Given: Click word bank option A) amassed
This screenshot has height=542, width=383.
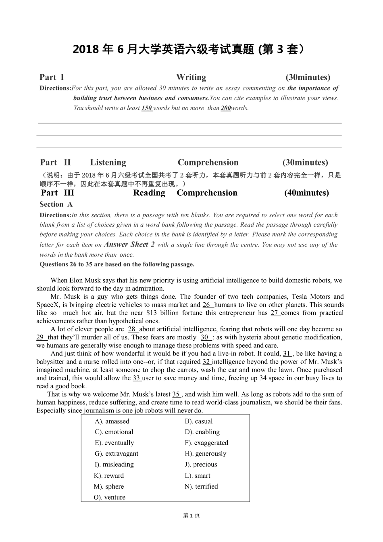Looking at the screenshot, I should click(x=112, y=421).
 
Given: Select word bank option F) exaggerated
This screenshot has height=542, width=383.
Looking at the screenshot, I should click(x=206, y=443).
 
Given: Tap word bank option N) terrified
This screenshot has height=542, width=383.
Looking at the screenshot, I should click(x=201, y=486).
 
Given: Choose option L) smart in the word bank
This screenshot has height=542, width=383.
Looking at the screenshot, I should click(x=198, y=475).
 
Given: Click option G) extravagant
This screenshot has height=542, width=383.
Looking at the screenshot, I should click(x=117, y=454).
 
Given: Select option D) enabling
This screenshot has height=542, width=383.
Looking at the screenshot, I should click(x=202, y=432).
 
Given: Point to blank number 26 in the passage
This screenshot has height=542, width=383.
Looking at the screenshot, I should click(x=207, y=305).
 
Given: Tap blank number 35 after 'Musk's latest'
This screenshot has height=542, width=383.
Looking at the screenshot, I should click(x=177, y=394).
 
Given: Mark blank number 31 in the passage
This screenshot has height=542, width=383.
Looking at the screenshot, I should click(x=287, y=354).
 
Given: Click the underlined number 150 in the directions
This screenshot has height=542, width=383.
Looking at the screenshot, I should click(x=147, y=108).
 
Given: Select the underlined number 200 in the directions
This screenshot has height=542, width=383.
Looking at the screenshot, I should click(x=226, y=108).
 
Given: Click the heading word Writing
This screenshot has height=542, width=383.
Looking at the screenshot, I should click(x=191, y=77).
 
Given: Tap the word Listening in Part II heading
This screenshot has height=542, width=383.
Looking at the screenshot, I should click(x=108, y=162).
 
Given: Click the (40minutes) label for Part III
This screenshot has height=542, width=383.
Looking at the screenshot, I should click(x=306, y=193).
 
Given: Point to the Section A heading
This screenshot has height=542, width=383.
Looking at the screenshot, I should click(x=56, y=204).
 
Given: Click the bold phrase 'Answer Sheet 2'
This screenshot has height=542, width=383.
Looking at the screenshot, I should click(x=129, y=245).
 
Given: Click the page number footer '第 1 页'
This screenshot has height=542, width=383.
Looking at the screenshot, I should click(x=191, y=515).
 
